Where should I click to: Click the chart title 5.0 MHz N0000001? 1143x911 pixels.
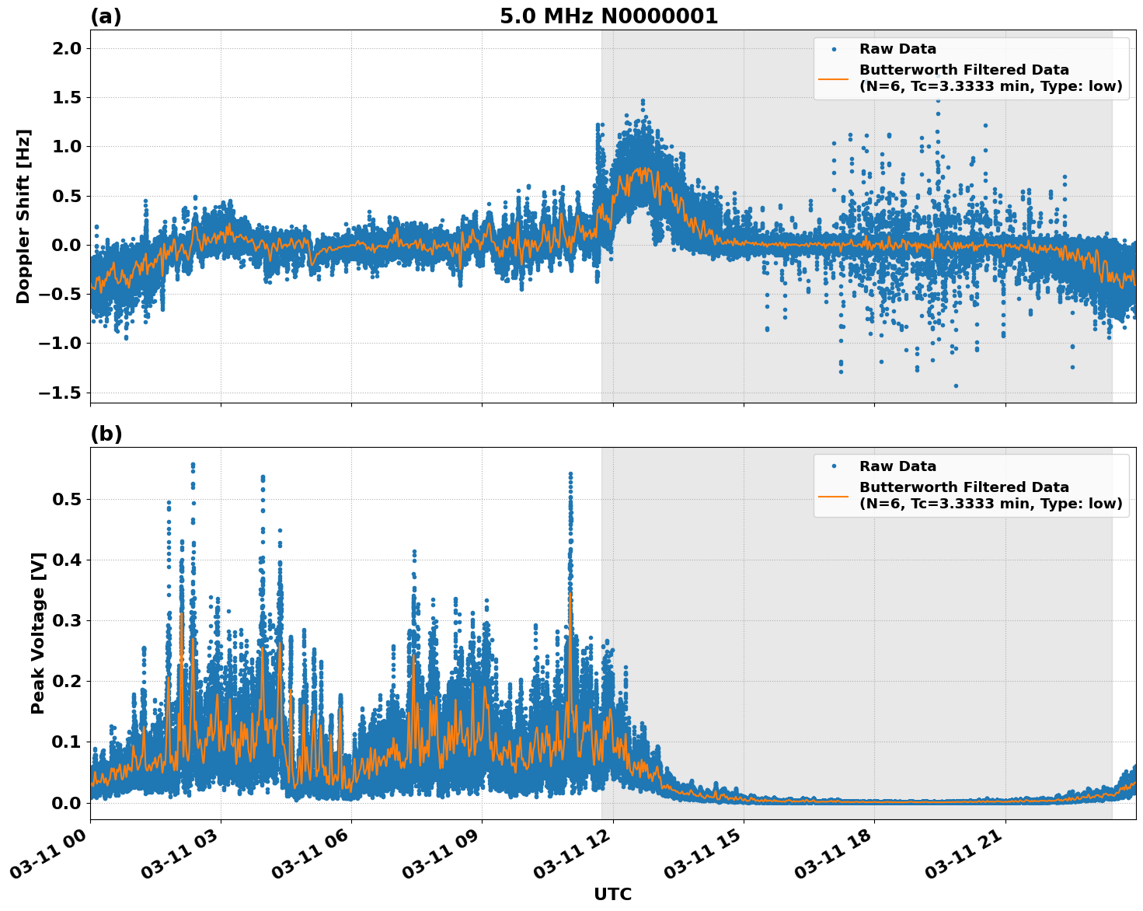pos(608,16)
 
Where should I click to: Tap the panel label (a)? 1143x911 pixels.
pos(106,16)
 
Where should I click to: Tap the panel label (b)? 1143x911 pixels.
pos(106,434)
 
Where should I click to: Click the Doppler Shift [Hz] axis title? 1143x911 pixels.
pos(23,216)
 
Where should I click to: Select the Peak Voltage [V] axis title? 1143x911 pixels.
pos(38,633)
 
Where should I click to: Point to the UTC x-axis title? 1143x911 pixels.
pos(612,894)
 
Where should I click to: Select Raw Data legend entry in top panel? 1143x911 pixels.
pos(897,49)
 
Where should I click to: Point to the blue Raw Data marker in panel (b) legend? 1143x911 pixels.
pos(834,466)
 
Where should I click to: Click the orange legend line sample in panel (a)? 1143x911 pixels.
pos(834,78)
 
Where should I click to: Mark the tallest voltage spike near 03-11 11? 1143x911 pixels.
pos(570,473)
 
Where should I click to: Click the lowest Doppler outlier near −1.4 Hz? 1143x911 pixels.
pos(956,386)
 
